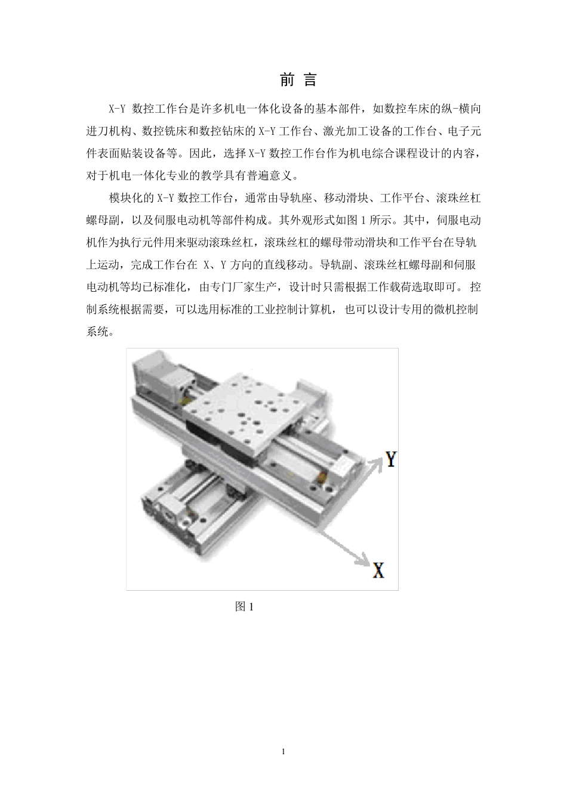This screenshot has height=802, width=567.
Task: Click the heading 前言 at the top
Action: [x=298, y=80]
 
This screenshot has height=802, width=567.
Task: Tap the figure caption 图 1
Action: [x=245, y=607]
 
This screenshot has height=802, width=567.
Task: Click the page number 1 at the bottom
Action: [x=283, y=751]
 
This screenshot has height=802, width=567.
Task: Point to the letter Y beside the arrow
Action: [x=391, y=459]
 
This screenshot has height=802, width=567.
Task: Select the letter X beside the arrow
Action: [x=378, y=570]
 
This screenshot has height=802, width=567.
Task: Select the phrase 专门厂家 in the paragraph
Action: [x=231, y=287]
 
